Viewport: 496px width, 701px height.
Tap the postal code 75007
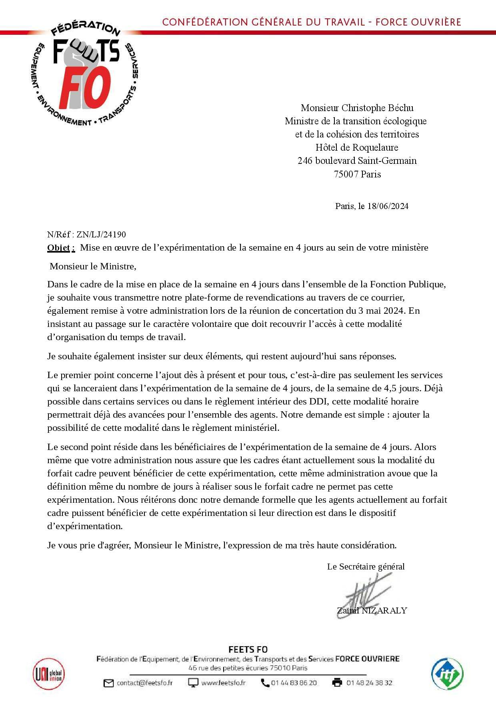click(346, 174)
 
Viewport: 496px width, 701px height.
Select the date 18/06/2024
click(388, 206)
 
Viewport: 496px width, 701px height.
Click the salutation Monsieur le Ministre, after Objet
click(93, 266)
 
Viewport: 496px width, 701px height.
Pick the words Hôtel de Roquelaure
click(357, 147)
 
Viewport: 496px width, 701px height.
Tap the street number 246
click(305, 161)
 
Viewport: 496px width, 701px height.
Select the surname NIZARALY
click(384, 611)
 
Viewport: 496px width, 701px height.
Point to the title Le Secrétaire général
click(366, 567)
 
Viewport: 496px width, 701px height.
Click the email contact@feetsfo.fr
click(144, 683)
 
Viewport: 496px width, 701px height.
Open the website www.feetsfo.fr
click(223, 683)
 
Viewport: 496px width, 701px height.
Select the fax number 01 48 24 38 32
click(369, 683)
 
